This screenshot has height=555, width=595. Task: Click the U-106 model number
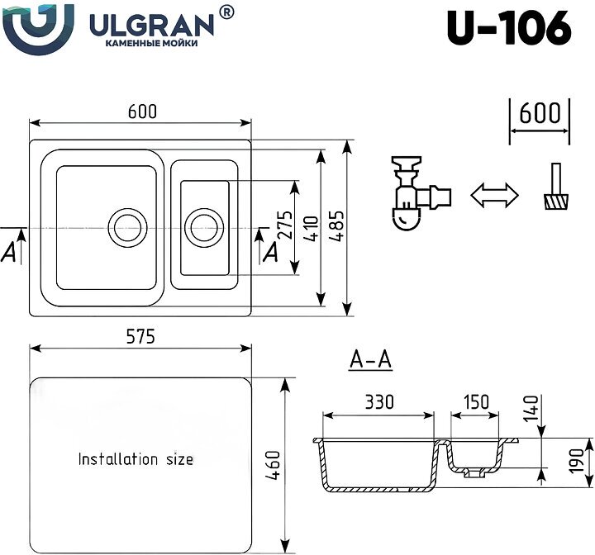[x=509, y=28]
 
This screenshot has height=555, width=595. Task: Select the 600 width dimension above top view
[x=141, y=111]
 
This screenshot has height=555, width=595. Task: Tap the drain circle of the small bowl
[x=203, y=225]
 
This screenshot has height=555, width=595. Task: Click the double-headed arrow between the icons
[x=493, y=195]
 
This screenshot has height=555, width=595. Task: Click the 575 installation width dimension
[x=140, y=337]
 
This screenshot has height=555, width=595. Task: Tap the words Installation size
[x=136, y=458]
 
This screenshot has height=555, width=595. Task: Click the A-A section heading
[x=370, y=360]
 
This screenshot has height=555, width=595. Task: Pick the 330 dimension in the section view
[x=378, y=402]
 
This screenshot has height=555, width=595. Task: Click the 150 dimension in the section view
[x=475, y=402]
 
